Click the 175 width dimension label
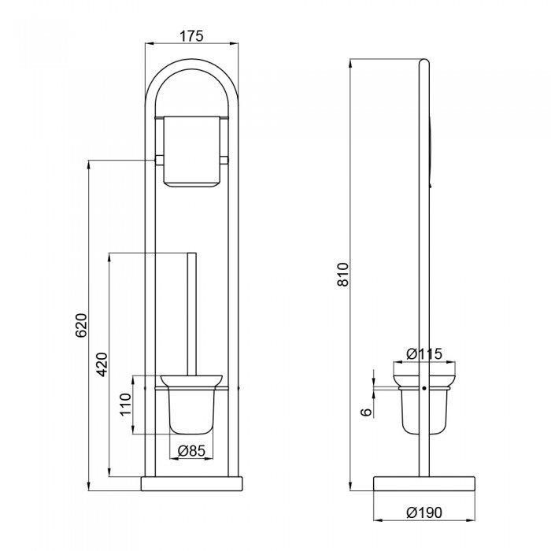coord(191,36)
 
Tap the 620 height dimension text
coord(81,325)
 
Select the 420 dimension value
coord(102,364)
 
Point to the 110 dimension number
coord(125,405)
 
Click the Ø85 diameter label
coord(191,450)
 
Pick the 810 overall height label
coord(343,274)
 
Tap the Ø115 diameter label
coord(424,353)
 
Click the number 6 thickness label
coord(367,412)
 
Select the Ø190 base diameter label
coord(424,512)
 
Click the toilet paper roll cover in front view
coord(191,151)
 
